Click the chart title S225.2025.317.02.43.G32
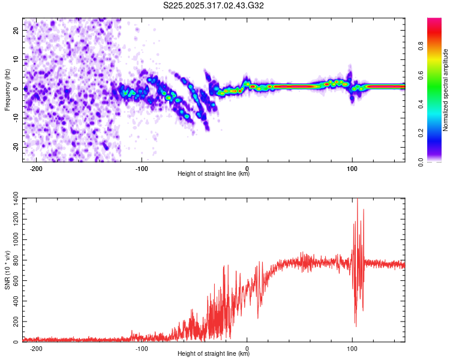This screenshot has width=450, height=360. [214, 6]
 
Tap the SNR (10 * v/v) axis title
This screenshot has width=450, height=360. [7, 269]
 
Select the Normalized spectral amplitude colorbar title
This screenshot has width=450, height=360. [446, 90]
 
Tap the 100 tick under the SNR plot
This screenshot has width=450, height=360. [352, 349]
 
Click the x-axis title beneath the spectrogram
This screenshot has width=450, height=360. [214, 175]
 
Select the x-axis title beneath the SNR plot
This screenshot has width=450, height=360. [214, 353]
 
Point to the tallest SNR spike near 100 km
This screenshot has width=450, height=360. [358, 200]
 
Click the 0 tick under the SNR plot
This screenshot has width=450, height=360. [248, 349]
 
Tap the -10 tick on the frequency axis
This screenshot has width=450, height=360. [15, 118]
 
